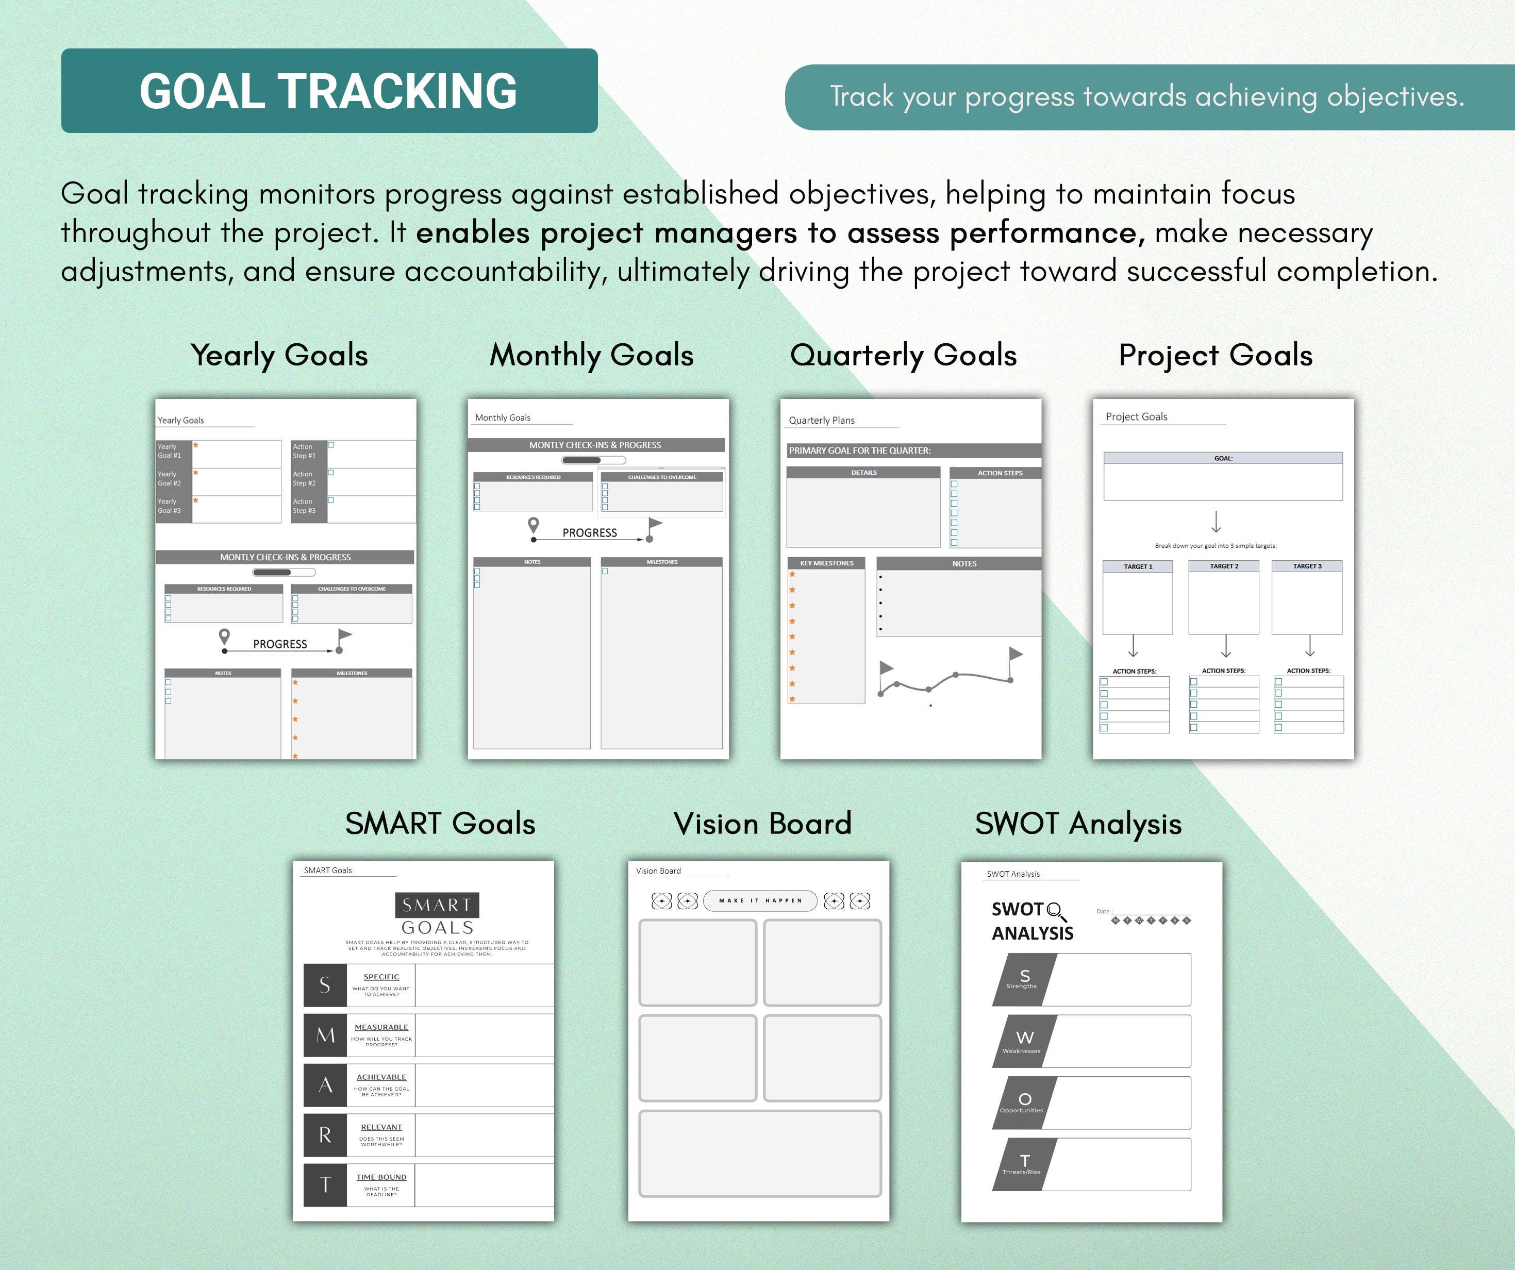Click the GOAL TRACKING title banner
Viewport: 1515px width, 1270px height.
[x=329, y=91]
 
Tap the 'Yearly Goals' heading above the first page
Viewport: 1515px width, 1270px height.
[x=279, y=356]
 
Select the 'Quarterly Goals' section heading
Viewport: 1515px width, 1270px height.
[x=903, y=356]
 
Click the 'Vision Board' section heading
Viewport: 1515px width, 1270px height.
[x=762, y=824]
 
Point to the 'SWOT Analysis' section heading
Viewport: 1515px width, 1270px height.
[x=1078, y=824]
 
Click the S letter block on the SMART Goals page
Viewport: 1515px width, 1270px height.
[x=325, y=985]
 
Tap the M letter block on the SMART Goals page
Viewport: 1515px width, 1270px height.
[x=325, y=1035]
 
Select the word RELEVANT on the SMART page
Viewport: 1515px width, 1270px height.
[x=381, y=1127]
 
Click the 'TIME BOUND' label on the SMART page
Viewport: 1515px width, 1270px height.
[x=381, y=1177]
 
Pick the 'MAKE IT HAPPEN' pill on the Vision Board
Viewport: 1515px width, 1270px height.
[x=760, y=901]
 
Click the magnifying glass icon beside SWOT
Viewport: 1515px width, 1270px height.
[x=1056, y=911]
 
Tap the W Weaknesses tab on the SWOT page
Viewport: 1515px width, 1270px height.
[x=1024, y=1041]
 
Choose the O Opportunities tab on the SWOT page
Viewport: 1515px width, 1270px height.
[x=1024, y=1102]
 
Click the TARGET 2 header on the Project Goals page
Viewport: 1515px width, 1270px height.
[x=1224, y=566]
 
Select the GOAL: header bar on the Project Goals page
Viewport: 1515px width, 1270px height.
[x=1223, y=458]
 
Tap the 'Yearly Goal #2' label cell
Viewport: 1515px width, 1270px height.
[x=173, y=479]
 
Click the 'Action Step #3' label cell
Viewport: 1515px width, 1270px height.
[x=308, y=506]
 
